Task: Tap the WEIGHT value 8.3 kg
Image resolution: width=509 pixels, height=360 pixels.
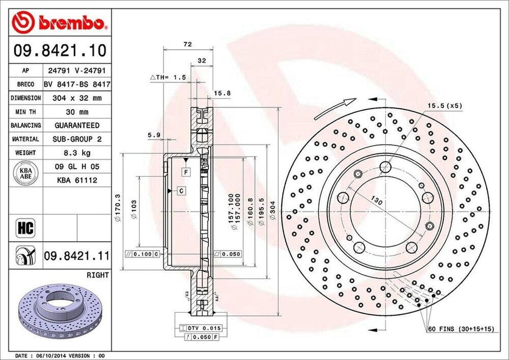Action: click(x=77, y=153)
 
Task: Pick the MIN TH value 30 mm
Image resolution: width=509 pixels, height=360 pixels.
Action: click(x=77, y=112)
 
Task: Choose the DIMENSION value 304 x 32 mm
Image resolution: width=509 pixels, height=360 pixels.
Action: click(x=77, y=98)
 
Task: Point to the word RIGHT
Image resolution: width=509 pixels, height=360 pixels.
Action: click(x=97, y=274)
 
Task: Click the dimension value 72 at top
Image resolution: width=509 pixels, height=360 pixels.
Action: click(x=187, y=45)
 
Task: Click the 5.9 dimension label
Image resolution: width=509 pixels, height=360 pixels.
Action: click(x=154, y=134)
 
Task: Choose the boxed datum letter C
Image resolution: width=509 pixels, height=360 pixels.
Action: click(x=182, y=190)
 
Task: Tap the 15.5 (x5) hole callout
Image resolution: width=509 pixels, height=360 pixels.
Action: click(x=444, y=106)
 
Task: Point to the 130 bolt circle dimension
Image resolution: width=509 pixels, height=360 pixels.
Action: click(x=377, y=202)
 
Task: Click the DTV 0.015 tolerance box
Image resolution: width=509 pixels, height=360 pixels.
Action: click(x=203, y=328)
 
